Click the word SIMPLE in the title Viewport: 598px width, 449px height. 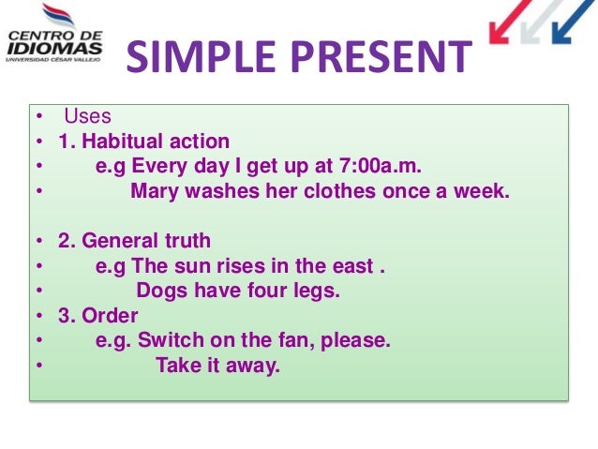190,58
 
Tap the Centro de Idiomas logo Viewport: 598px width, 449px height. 55,38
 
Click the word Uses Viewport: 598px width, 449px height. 87,117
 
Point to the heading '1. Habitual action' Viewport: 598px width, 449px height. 143,142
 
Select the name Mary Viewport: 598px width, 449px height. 154,192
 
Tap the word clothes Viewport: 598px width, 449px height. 344,192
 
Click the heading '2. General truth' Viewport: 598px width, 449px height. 134,241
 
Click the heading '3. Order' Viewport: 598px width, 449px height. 98,316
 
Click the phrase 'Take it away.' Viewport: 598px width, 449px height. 217,366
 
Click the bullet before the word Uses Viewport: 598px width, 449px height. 39,118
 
